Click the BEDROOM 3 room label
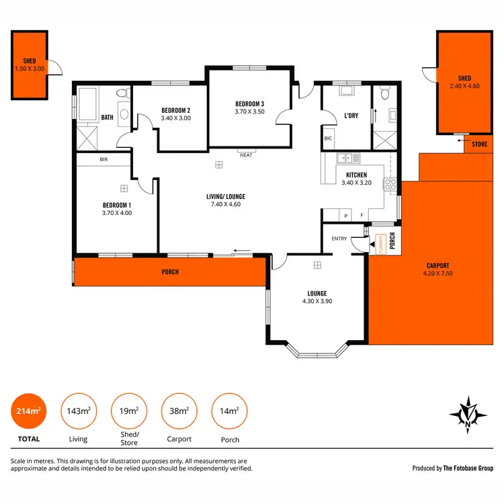pyautogui.click(x=249, y=103)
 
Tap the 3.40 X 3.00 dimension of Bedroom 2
pyautogui.click(x=176, y=119)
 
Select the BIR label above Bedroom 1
pyautogui.click(x=103, y=160)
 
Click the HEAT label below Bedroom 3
pyautogui.click(x=245, y=155)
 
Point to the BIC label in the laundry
pyautogui.click(x=328, y=138)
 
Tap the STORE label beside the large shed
pyautogui.click(x=479, y=144)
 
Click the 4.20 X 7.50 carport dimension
pyautogui.click(x=437, y=274)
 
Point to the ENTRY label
pyautogui.click(x=339, y=239)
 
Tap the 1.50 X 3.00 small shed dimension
pyautogui.click(x=29, y=68)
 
